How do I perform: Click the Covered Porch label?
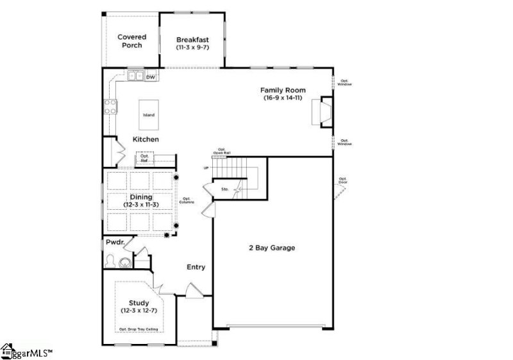click(131, 41)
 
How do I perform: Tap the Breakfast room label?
click(193, 43)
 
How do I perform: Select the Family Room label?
click(283, 94)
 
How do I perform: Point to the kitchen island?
click(149, 115)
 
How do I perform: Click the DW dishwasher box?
click(151, 77)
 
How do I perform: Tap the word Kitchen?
click(146, 139)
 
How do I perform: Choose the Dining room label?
click(140, 200)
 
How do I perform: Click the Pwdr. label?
click(115, 242)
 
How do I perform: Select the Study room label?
click(139, 306)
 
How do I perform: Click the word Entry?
click(196, 267)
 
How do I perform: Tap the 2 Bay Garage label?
click(272, 248)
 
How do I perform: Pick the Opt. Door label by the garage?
click(343, 180)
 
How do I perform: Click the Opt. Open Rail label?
click(222, 151)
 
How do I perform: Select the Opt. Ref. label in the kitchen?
click(145, 157)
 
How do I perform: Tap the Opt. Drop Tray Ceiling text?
click(138, 329)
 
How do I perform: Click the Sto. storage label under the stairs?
click(225, 189)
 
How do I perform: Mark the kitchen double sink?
click(136, 76)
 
